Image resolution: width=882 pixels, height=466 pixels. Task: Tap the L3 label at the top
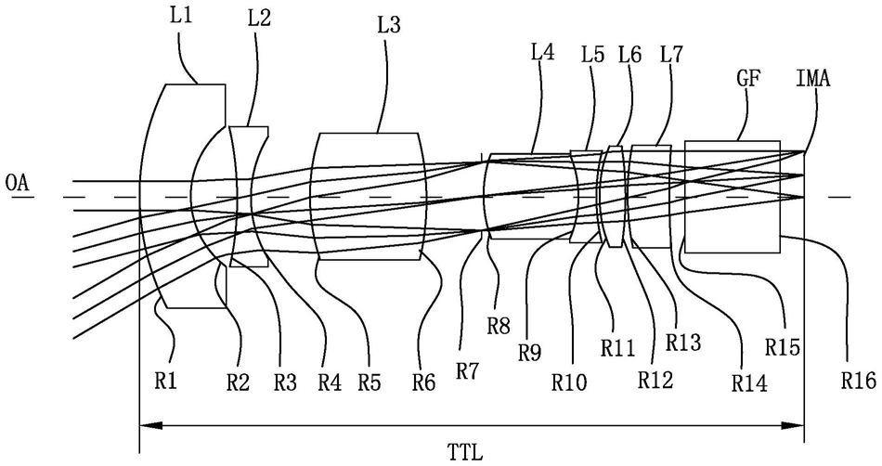(x=390, y=27)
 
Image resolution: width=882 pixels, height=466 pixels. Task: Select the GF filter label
(x=748, y=80)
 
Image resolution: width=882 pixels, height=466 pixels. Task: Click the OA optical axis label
(x=18, y=183)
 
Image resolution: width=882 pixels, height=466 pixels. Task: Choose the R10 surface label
(x=569, y=380)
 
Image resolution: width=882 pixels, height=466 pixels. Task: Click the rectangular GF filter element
(x=732, y=197)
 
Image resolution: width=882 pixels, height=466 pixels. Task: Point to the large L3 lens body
(x=369, y=195)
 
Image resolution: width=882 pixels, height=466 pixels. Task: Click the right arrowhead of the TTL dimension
(x=799, y=426)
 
